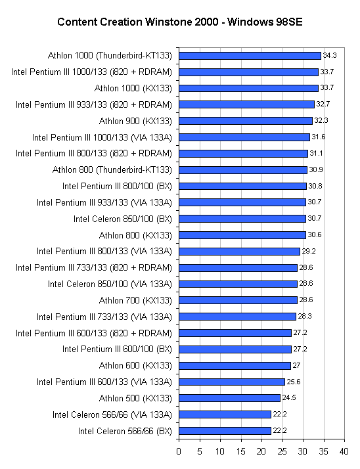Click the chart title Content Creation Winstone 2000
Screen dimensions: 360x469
click(x=138, y=22)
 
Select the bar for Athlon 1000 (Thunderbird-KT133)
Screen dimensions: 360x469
click(x=250, y=56)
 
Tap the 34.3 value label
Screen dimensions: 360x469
click(x=330, y=55)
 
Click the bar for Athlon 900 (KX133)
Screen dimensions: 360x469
click(x=246, y=121)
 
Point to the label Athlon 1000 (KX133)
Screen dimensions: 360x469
click(x=133, y=89)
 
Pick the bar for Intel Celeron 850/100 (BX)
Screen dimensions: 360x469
click(x=242, y=219)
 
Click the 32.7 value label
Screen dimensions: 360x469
click(x=323, y=104)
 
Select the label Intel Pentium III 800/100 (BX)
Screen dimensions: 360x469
click(x=117, y=187)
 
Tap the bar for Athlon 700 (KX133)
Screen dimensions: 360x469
click(x=238, y=300)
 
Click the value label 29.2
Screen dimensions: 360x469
click(x=309, y=251)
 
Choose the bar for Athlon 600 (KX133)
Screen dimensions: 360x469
click(x=235, y=365)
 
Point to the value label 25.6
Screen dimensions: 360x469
click(x=294, y=382)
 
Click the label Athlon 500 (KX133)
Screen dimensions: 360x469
click(x=135, y=399)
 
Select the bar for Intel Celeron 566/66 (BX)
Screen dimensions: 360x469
click(x=225, y=431)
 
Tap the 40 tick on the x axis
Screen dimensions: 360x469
click(x=344, y=451)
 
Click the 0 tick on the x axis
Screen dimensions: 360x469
click(x=179, y=451)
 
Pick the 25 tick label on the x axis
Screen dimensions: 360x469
click(x=282, y=451)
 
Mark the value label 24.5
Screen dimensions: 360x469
click(x=289, y=398)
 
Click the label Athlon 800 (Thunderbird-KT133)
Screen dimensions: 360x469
click(x=112, y=170)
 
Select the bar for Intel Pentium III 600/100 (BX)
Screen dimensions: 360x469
click(x=235, y=349)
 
